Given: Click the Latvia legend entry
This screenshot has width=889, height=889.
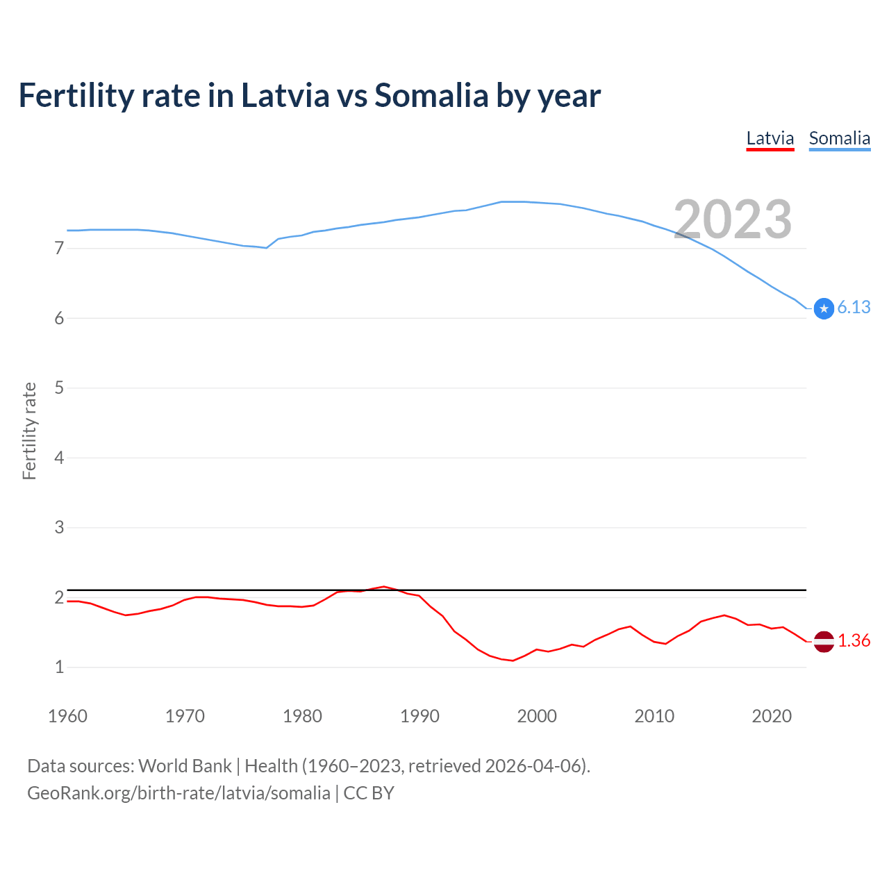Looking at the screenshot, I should [770, 138].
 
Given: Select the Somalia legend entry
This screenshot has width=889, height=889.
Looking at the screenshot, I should [839, 138].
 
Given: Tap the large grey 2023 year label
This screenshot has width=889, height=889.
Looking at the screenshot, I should [732, 219].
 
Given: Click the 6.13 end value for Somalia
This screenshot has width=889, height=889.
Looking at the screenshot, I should [854, 307].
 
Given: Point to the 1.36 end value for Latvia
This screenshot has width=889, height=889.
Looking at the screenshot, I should [854, 640].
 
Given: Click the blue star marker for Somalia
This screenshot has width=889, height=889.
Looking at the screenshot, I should [824, 308].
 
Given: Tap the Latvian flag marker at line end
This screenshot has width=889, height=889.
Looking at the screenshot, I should [824, 642].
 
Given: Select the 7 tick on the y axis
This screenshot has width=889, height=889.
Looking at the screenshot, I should [59, 248].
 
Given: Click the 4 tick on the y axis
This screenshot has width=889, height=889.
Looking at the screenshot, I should [59, 458].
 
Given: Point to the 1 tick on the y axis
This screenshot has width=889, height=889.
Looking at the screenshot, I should [59, 667].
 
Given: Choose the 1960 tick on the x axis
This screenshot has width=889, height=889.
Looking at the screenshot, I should [67, 716].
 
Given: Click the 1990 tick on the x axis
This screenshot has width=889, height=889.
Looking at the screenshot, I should [419, 716].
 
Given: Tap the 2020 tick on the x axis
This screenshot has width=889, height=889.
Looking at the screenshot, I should [772, 716].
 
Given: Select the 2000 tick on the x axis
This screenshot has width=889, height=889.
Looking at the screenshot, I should [537, 716].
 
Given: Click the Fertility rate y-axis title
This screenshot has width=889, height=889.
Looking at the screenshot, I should [29, 431].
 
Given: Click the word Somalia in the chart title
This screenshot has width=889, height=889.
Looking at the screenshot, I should [431, 95].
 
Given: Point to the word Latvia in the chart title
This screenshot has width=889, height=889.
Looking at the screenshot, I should [285, 95].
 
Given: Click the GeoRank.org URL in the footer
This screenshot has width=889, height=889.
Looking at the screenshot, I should [178, 793].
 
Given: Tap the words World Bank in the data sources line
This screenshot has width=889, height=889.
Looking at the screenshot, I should [185, 766].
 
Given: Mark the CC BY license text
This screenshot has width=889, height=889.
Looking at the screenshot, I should [369, 793].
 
